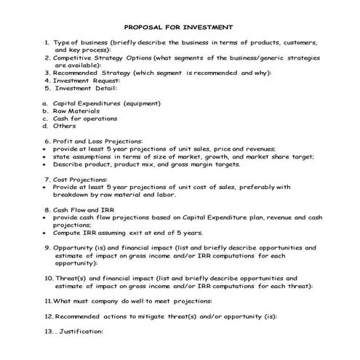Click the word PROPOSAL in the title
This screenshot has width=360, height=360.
click(143, 24)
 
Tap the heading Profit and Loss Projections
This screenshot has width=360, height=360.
click(97, 140)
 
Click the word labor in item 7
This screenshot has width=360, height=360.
click(167, 193)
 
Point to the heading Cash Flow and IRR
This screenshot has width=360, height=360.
click(87, 209)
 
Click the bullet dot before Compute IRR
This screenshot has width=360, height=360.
click(46, 233)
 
